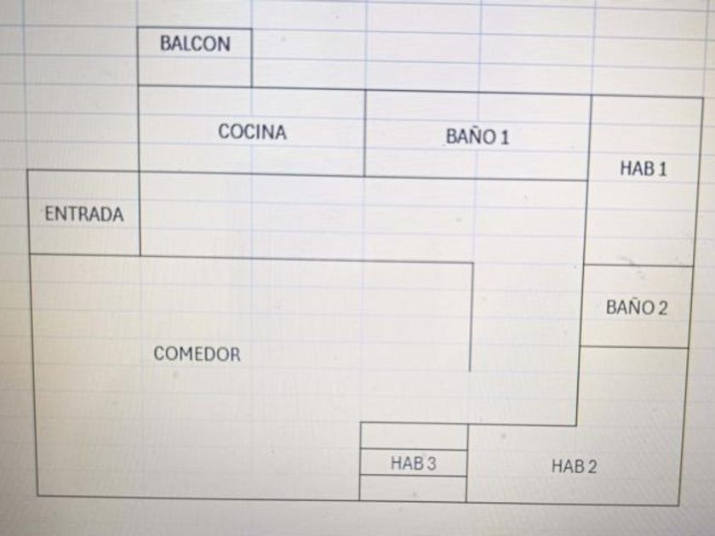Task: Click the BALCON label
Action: click(195, 44)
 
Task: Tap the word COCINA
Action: click(252, 132)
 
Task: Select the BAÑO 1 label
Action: click(477, 137)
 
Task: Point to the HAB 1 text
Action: click(643, 168)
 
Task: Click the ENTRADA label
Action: click(83, 214)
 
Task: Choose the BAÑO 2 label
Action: click(637, 308)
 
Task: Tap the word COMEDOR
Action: click(197, 355)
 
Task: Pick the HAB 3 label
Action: click(414, 464)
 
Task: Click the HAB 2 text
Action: click(574, 466)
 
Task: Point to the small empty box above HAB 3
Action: click(414, 436)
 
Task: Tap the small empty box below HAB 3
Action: click(413, 488)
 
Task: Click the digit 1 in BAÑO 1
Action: click(505, 138)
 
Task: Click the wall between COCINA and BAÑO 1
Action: click(365, 133)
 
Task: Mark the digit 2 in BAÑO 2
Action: click(662, 308)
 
